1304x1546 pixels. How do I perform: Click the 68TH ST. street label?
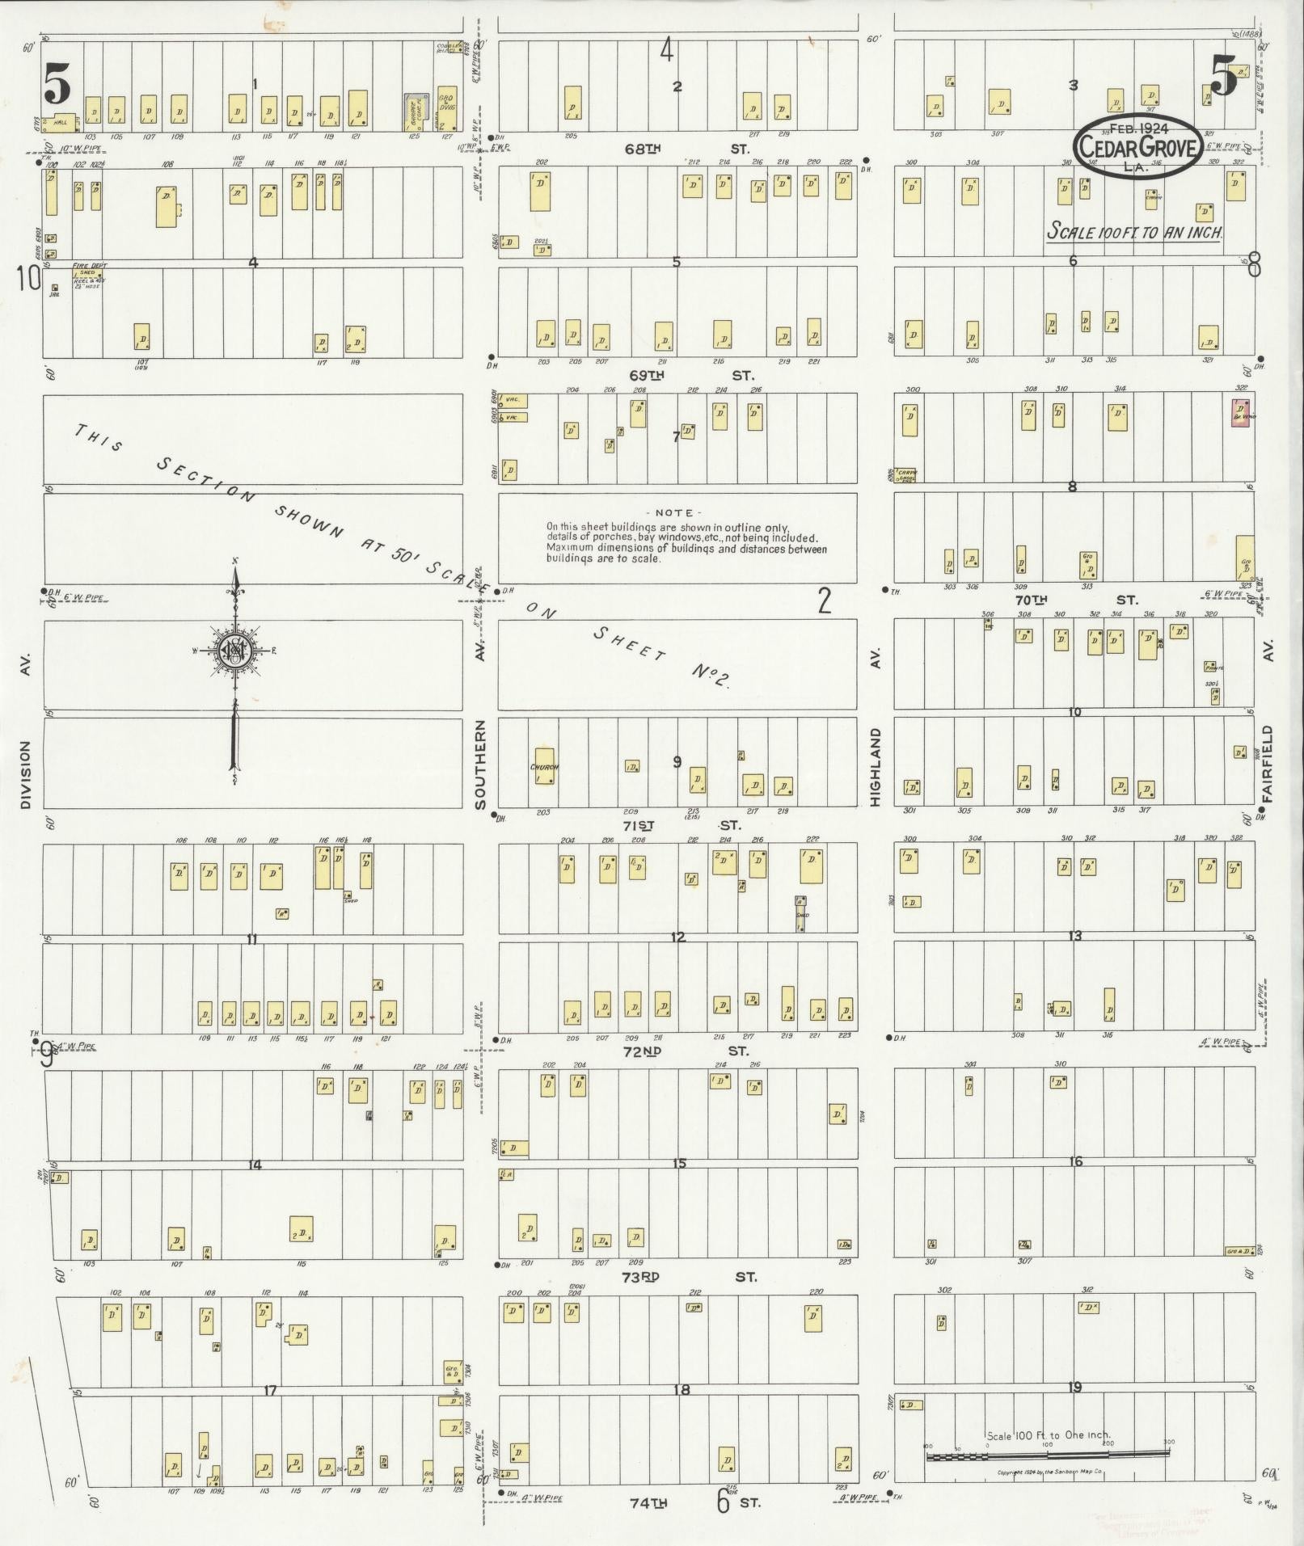pyautogui.click(x=686, y=149)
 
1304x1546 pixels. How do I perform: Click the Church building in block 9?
pyautogui.click(x=544, y=765)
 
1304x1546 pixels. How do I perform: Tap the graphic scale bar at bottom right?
pyautogui.click(x=1047, y=1455)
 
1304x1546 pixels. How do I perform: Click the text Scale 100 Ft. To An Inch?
pyautogui.click(x=1134, y=232)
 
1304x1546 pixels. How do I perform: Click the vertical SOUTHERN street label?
pyautogui.click(x=480, y=765)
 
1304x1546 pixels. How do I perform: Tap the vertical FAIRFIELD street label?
pyautogui.click(x=1267, y=763)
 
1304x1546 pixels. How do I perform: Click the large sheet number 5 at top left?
pyautogui.click(x=57, y=84)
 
